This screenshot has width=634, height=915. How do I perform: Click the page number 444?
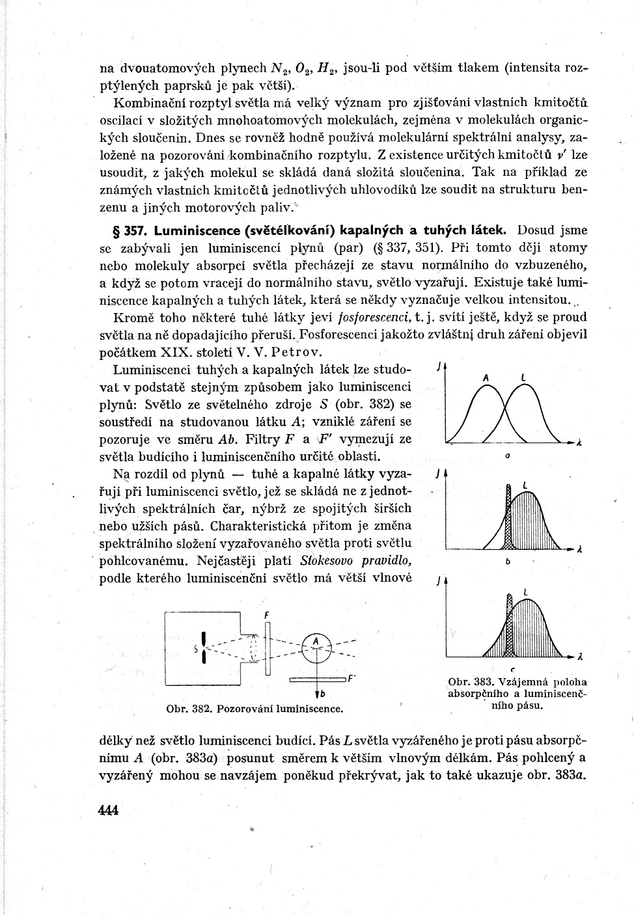click(x=107, y=810)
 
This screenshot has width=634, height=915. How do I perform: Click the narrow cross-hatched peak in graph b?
click(x=508, y=521)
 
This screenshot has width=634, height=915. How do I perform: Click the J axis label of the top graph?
click(x=438, y=368)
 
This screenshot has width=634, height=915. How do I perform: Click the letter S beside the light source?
click(x=196, y=648)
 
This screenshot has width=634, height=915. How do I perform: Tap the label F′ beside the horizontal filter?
click(x=351, y=678)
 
